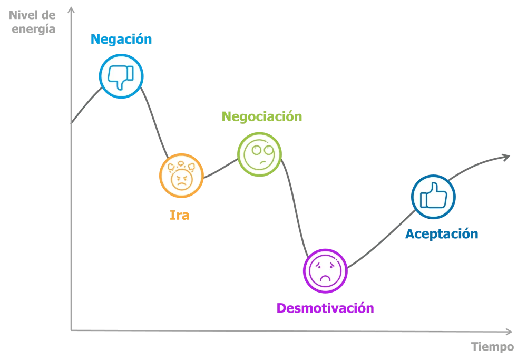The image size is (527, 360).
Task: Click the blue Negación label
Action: pyautogui.click(x=121, y=40)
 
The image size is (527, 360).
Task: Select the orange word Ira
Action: pyautogui.click(x=180, y=215)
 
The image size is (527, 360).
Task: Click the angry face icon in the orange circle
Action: pyautogui.click(x=181, y=176)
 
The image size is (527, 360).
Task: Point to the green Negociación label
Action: pyautogui.click(x=262, y=116)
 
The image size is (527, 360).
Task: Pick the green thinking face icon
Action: pyautogui.click(x=259, y=154)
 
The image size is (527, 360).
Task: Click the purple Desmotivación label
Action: pyautogui.click(x=325, y=308)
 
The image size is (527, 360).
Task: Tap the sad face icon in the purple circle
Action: pyautogui.click(x=325, y=271)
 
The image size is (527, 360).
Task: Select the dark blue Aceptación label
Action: pyautogui.click(x=442, y=234)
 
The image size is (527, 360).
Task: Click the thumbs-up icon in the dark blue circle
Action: pyautogui.click(x=434, y=196)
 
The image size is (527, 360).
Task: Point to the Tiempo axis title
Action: pyautogui.click(x=492, y=346)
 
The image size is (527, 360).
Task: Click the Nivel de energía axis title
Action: pyautogui.click(x=32, y=22)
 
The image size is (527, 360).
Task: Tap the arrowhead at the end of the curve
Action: pyautogui.click(x=506, y=157)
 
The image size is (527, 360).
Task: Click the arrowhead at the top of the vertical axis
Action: pyautogui.click(x=71, y=10)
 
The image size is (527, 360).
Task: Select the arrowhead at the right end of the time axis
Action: pyautogui.click(x=509, y=332)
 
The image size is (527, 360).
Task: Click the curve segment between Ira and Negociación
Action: pyautogui.click(x=220, y=169)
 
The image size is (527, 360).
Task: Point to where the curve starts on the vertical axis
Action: pyautogui.click(x=71, y=123)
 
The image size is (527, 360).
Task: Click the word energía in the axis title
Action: pyautogui.click(x=33, y=29)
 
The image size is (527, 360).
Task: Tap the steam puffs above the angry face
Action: pyautogui.click(x=181, y=166)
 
